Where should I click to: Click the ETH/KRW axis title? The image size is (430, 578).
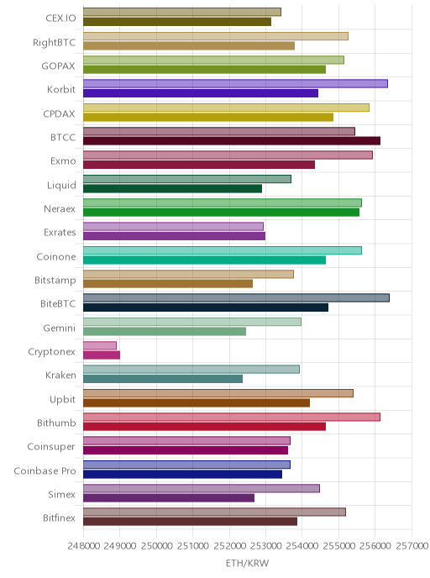click(247, 563)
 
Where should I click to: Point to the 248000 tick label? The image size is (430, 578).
click(84, 545)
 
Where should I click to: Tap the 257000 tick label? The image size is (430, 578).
click(412, 545)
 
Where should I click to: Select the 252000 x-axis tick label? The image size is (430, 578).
click(229, 545)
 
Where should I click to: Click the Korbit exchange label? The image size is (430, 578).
click(61, 90)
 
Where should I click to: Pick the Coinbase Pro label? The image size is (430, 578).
click(45, 470)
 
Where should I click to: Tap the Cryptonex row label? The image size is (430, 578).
click(51, 352)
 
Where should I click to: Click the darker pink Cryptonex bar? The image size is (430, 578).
click(102, 355)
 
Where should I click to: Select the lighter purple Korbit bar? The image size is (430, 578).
click(235, 84)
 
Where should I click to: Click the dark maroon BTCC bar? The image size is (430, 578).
click(232, 141)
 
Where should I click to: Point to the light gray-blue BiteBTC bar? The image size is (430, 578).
click(236, 298)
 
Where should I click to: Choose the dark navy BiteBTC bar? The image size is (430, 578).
click(206, 307)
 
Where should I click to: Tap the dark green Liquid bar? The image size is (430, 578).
click(172, 189)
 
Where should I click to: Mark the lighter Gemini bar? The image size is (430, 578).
click(192, 322)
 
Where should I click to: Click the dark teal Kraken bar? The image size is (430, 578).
click(163, 379)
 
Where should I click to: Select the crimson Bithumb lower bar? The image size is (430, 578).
click(204, 427)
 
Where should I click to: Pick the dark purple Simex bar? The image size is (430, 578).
click(169, 498)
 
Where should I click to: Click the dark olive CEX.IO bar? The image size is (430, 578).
click(177, 22)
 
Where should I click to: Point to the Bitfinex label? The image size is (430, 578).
click(59, 518)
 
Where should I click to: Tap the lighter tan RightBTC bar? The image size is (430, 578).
click(216, 36)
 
